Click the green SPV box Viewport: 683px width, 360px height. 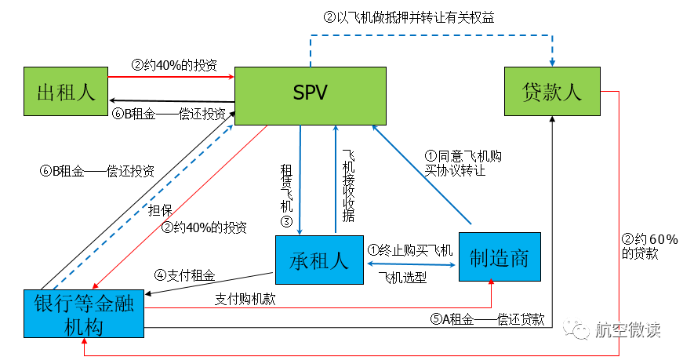(x=311, y=94)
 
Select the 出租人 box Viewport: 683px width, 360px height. (x=66, y=93)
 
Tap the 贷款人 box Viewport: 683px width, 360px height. (x=551, y=93)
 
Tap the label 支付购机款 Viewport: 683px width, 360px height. (x=245, y=300)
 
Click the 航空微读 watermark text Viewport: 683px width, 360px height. (x=628, y=330)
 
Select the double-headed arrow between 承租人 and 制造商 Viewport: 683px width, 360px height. (x=411, y=264)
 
